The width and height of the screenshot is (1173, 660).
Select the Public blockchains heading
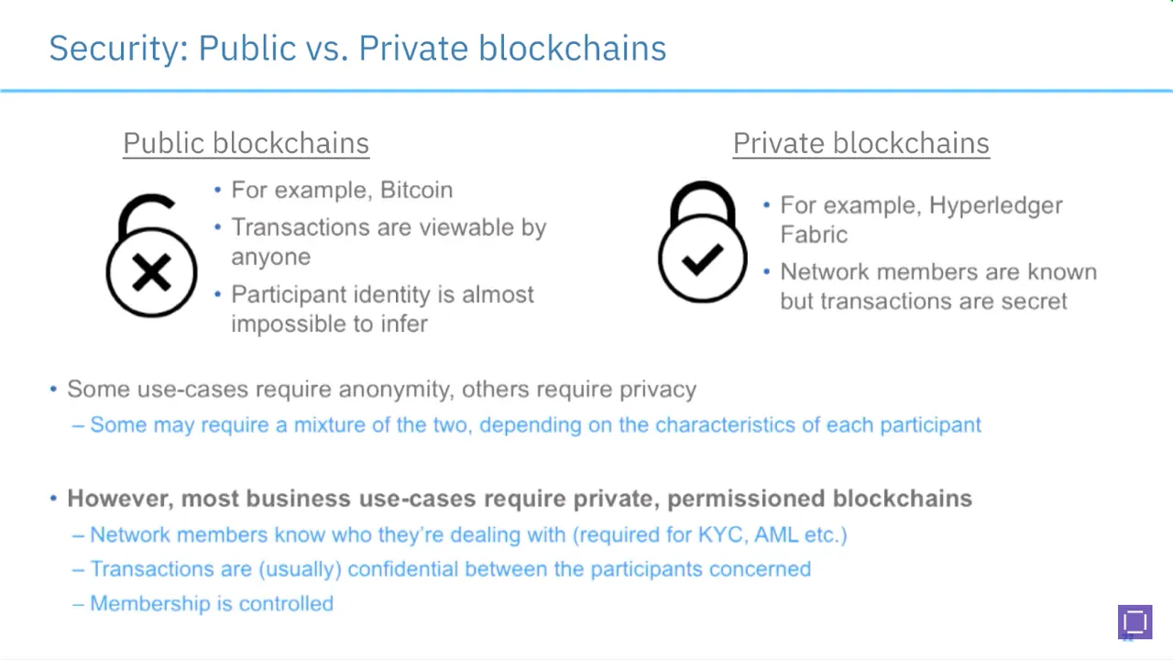(247, 144)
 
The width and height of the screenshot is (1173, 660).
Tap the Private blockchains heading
(861, 144)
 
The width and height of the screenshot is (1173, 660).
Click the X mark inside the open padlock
(151, 272)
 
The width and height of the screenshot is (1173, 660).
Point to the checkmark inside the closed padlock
(702, 259)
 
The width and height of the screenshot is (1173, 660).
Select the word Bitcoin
(416, 190)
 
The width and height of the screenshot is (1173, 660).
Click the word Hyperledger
(995, 205)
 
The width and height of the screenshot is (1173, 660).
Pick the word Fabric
(814, 235)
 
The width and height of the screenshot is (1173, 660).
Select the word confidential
(402, 569)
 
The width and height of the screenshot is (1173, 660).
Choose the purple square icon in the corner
(1135, 621)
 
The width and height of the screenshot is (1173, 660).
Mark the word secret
(1035, 302)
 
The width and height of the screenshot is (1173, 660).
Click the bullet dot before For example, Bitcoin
(218, 190)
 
